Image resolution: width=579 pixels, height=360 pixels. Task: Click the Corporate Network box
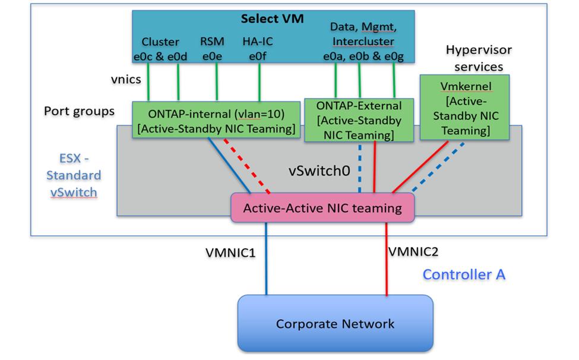coord(335,324)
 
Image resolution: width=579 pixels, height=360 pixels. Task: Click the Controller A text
coord(464,274)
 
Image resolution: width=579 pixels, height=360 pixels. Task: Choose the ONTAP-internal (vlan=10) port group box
coord(215,120)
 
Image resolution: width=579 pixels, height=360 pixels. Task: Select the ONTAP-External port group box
coord(358,120)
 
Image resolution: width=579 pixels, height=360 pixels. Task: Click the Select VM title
coord(272,19)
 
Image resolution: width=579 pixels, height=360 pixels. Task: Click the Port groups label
coord(79,111)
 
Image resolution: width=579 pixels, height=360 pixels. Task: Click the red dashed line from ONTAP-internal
coord(248,166)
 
